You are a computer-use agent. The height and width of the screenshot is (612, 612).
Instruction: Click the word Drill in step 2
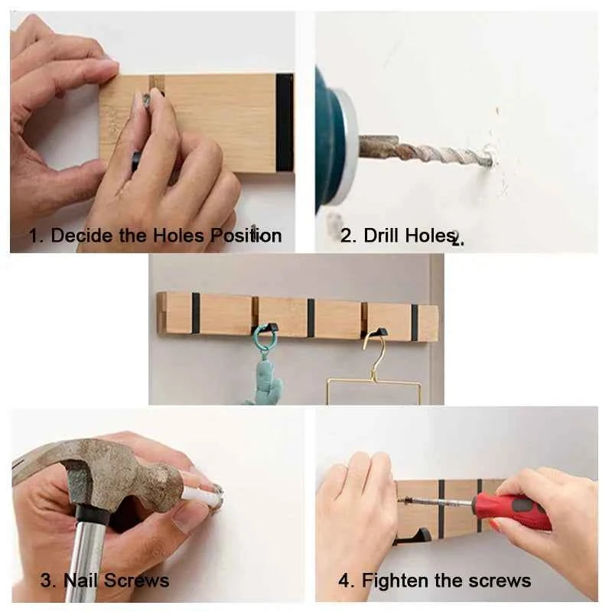point(382,235)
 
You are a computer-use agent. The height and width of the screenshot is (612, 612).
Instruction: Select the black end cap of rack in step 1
point(285,122)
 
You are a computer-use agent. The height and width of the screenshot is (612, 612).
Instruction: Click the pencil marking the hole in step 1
point(142,122)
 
